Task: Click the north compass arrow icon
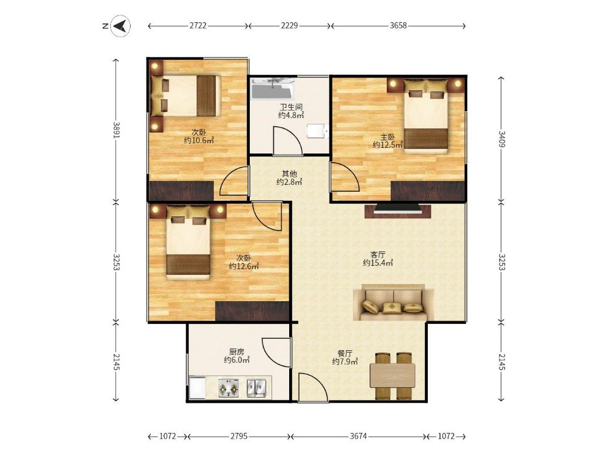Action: pyautogui.click(x=120, y=26)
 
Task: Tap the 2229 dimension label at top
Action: pyautogui.click(x=290, y=26)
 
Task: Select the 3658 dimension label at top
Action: pyautogui.click(x=398, y=26)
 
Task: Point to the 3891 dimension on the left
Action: pyautogui.click(x=116, y=129)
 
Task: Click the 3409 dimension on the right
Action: pyautogui.click(x=502, y=139)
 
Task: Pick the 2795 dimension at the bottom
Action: pyautogui.click(x=239, y=436)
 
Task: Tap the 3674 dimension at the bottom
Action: pyautogui.click(x=358, y=436)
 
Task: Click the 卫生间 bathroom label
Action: pyautogui.click(x=291, y=107)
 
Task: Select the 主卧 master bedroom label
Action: pyautogui.click(x=387, y=137)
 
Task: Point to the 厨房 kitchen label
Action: pyautogui.click(x=237, y=352)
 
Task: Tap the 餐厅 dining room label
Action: pyautogui.click(x=345, y=353)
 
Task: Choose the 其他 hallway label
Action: pyautogui.click(x=289, y=173)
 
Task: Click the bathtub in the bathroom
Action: pyautogui.click(x=273, y=89)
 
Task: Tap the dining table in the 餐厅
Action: pyautogui.click(x=392, y=375)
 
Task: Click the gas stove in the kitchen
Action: pyautogui.click(x=229, y=388)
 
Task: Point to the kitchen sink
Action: pyautogui.click(x=257, y=388)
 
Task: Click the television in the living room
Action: pyautogui.click(x=398, y=209)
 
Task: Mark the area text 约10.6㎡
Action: pyautogui.click(x=199, y=140)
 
